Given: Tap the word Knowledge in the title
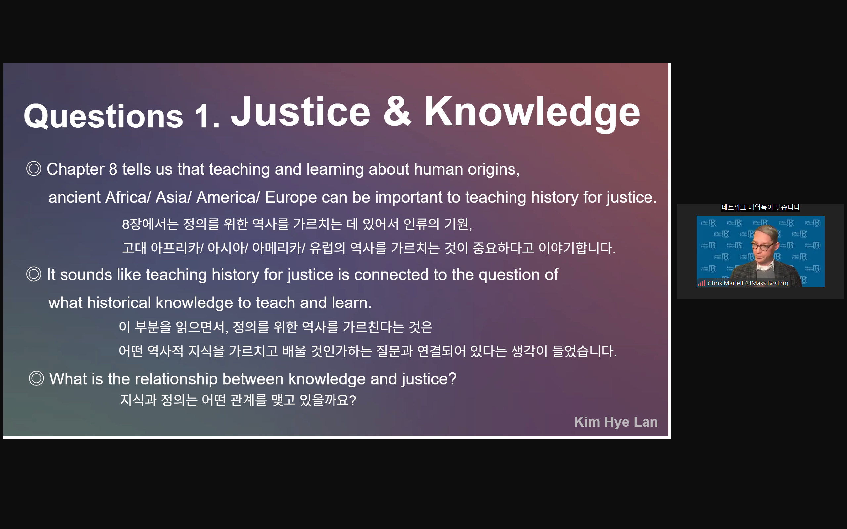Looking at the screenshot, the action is pyautogui.click(x=532, y=114).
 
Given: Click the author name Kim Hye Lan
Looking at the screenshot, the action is pyautogui.click(x=616, y=422).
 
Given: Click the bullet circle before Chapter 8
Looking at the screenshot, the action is pyautogui.click(x=34, y=169).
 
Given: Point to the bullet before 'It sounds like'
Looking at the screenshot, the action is pyautogui.click(x=34, y=274).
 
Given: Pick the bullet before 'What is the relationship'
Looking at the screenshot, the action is pyautogui.click(x=36, y=378).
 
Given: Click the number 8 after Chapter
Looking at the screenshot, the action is pyautogui.click(x=113, y=169).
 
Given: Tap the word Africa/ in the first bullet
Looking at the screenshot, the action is pyautogui.click(x=128, y=197).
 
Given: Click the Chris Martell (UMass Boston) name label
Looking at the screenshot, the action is pyautogui.click(x=748, y=283).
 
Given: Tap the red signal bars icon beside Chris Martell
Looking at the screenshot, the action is pyautogui.click(x=701, y=283).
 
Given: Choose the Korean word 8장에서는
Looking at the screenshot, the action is pyautogui.click(x=150, y=224).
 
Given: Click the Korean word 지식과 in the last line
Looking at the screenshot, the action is pyautogui.click(x=138, y=400).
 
